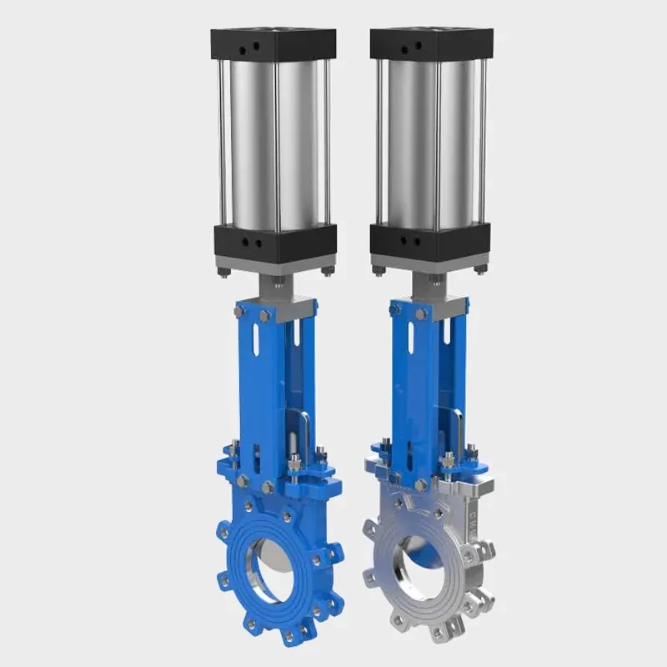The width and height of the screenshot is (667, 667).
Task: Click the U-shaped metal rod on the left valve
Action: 304,434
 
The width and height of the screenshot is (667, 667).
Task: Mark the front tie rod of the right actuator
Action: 436,142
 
